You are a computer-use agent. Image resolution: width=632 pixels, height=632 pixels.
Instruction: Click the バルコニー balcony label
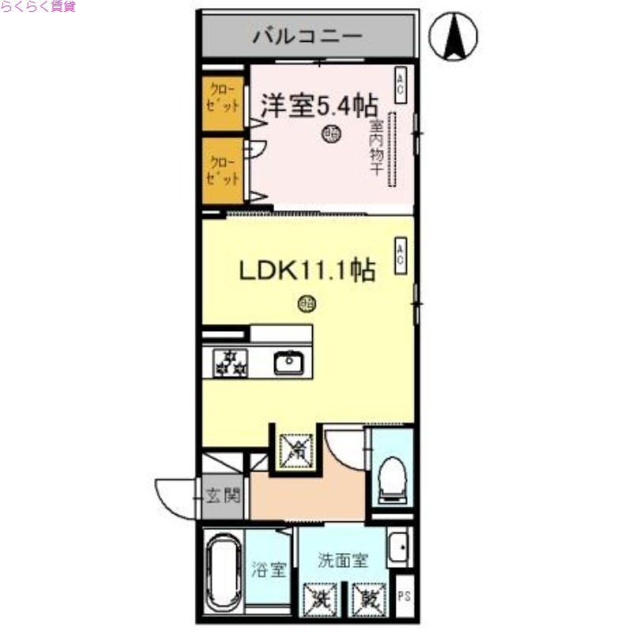pos(307,36)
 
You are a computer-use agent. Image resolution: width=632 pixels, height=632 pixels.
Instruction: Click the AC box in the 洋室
pos(401,85)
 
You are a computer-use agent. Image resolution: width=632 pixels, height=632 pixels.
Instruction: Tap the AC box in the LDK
pos(401,256)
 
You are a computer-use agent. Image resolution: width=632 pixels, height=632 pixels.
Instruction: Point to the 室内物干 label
pos(375,147)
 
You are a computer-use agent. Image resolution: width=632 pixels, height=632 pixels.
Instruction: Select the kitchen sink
pos(289,363)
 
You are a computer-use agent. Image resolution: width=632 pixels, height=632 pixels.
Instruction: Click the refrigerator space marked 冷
pos(298,450)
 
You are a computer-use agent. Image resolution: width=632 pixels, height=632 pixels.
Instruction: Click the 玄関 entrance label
pos(223,498)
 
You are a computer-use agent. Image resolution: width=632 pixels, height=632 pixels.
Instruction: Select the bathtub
pos(224,570)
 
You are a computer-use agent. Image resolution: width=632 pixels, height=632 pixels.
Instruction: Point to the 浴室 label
pos(268,568)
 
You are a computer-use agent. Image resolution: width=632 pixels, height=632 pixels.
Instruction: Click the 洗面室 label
pos(343,561)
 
